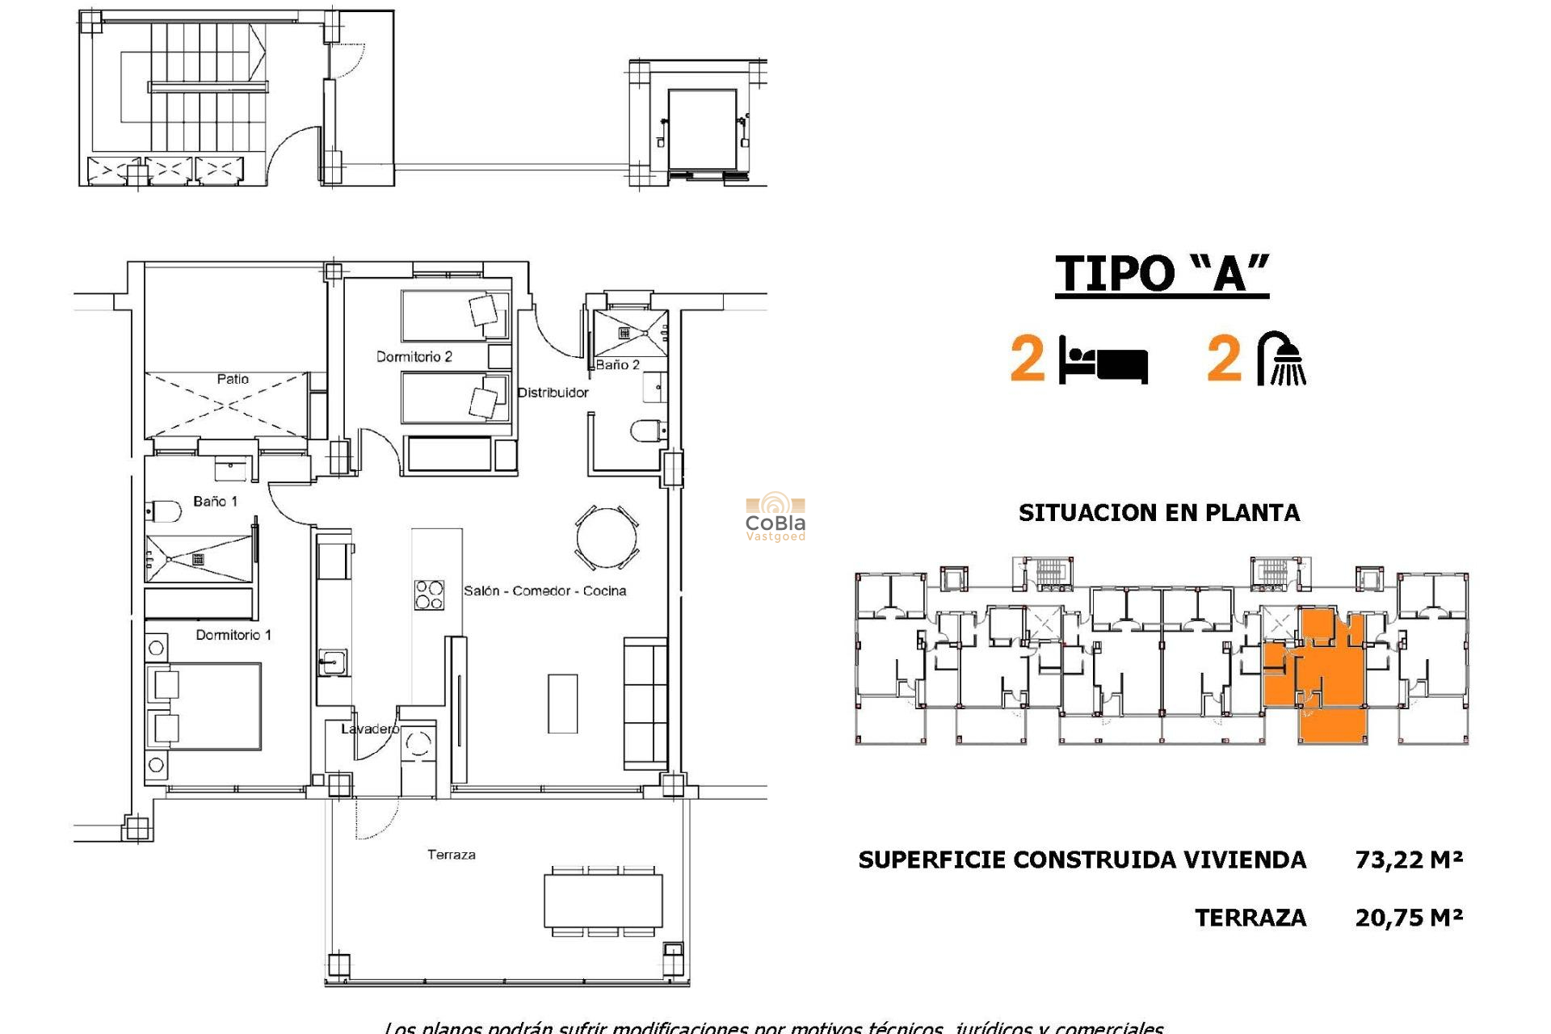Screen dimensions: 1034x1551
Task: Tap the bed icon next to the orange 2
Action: pyautogui.click(x=1103, y=361)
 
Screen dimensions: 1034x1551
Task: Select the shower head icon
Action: pyautogui.click(x=1283, y=359)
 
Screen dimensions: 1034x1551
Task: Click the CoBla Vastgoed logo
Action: pyautogui.click(x=775, y=517)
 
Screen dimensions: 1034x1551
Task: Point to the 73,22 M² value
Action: pyautogui.click(x=1409, y=860)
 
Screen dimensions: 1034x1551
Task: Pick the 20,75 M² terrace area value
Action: pyautogui.click(x=1409, y=918)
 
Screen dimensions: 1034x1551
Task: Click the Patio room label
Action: pyautogui.click(x=233, y=379)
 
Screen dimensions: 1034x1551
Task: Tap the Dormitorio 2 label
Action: pyautogui.click(x=414, y=357)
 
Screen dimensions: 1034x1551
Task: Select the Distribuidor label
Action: pyautogui.click(x=553, y=393)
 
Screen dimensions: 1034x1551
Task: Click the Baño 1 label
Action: pyautogui.click(x=215, y=502)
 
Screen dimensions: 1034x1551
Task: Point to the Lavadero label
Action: pyautogui.click(x=369, y=729)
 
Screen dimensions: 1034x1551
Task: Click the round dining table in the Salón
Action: pyautogui.click(x=607, y=537)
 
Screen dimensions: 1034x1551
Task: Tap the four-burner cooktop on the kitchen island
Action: pyautogui.click(x=429, y=595)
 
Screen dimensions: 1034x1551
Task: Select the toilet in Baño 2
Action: pyautogui.click(x=647, y=431)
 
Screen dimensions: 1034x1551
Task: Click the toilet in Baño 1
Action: pyautogui.click(x=165, y=511)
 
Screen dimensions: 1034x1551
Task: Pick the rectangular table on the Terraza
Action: pyautogui.click(x=603, y=902)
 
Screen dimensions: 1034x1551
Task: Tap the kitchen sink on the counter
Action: pyautogui.click(x=331, y=663)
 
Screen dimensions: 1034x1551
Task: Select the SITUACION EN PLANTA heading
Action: pyautogui.click(x=1158, y=513)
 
